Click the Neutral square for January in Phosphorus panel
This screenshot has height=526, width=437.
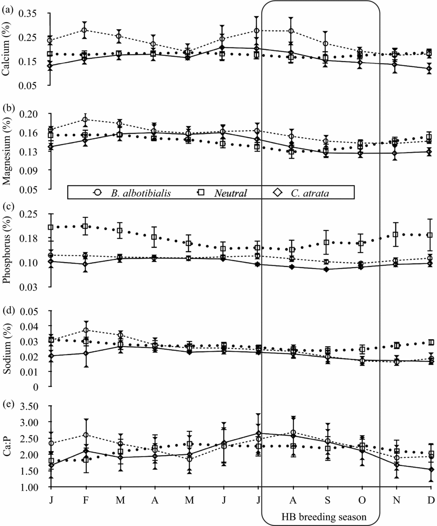click(51, 227)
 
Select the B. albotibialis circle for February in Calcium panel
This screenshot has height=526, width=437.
click(85, 30)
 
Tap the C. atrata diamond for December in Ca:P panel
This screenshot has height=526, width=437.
click(430, 469)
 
